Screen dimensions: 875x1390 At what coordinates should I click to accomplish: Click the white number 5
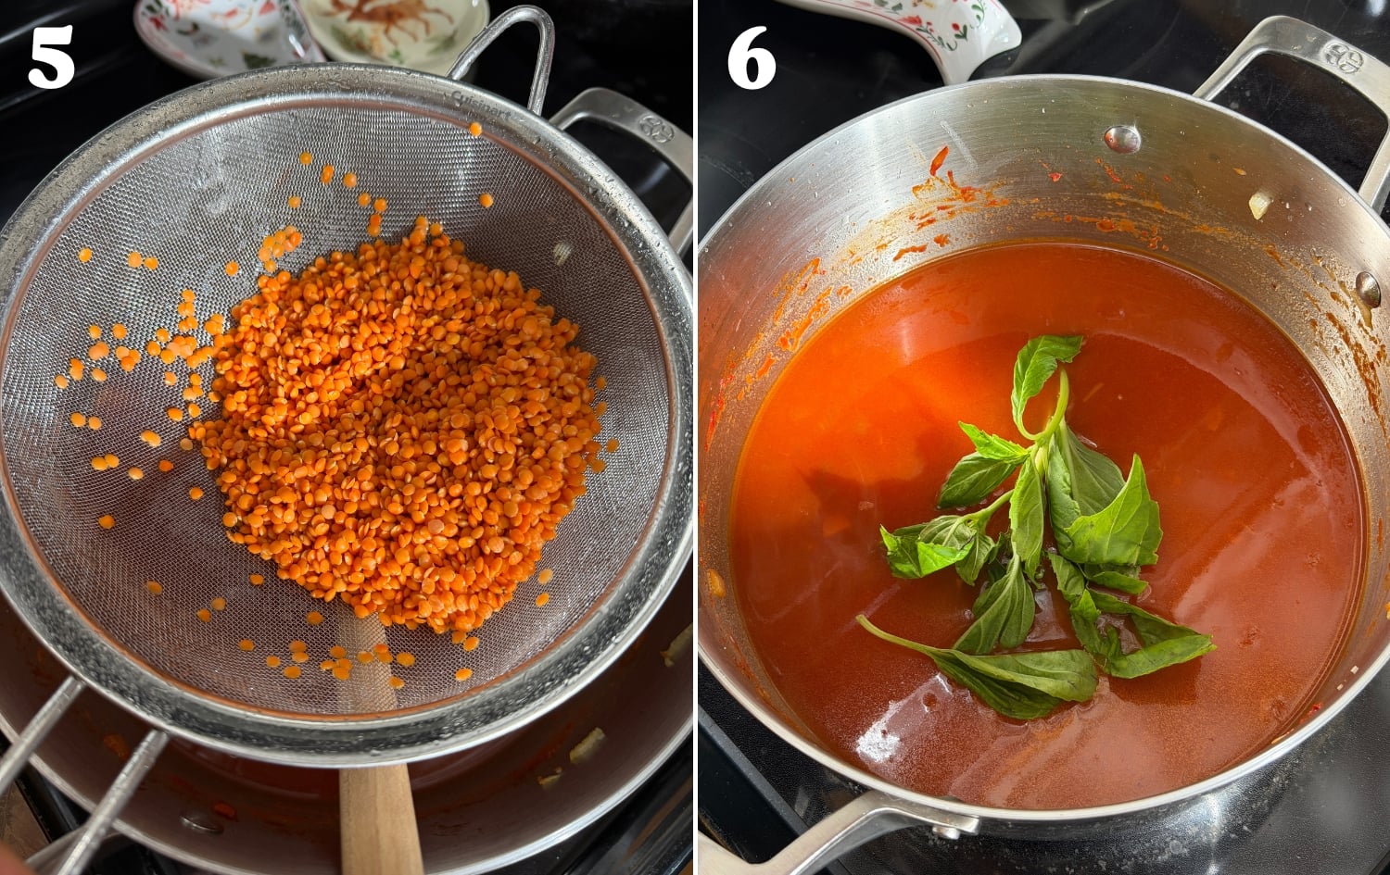tap(51, 58)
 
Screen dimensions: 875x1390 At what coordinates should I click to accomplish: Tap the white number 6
tap(751, 58)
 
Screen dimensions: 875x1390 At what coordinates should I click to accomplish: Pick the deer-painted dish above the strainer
tap(394, 28)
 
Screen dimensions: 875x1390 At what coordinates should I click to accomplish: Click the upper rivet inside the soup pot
tap(1122, 139)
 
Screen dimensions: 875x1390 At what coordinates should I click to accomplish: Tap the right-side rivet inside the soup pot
tap(1368, 288)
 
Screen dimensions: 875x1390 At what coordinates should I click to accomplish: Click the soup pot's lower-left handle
tap(834, 829)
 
